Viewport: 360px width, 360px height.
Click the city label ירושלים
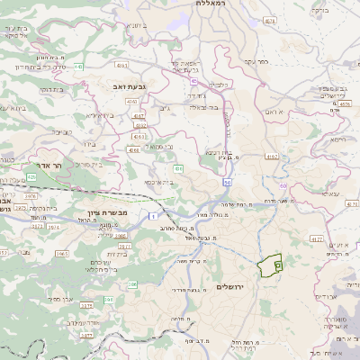click(x=231, y=286)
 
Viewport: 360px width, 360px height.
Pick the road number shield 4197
click(x=272, y=156)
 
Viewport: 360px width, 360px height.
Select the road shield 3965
click(x=62, y=255)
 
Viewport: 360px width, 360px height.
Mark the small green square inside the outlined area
click(x=277, y=265)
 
